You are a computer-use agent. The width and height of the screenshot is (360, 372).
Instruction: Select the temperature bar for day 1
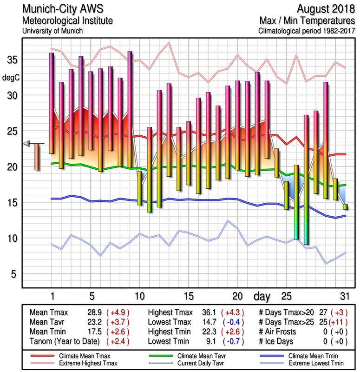[x=52, y=103]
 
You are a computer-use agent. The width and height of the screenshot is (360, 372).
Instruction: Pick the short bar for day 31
[x=345, y=206]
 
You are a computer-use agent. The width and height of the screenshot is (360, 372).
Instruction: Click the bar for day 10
[x=139, y=188]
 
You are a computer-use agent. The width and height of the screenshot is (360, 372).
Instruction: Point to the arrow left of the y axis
[x=27, y=143]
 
